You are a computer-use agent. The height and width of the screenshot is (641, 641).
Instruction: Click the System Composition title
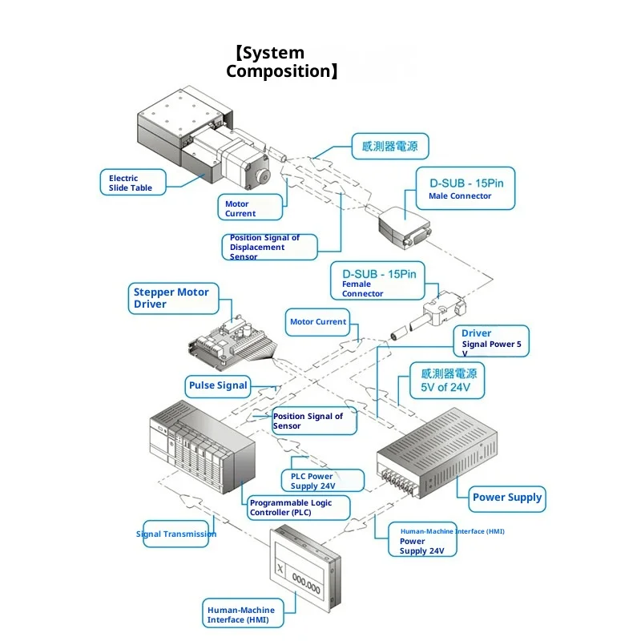[281, 62]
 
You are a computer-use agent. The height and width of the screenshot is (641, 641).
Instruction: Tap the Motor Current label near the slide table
[249, 208]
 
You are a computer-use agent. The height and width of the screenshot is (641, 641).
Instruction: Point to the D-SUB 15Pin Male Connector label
[466, 188]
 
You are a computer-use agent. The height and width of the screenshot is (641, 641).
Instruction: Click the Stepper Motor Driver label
[171, 298]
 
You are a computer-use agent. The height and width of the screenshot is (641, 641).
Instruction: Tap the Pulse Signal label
[218, 385]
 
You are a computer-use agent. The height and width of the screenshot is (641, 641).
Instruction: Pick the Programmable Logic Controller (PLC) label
[300, 507]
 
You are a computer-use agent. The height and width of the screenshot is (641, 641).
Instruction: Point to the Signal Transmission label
[177, 534]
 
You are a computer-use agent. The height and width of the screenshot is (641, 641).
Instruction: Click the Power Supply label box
[506, 498]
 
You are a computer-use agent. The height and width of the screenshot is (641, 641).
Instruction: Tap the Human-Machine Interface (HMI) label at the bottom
[241, 615]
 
